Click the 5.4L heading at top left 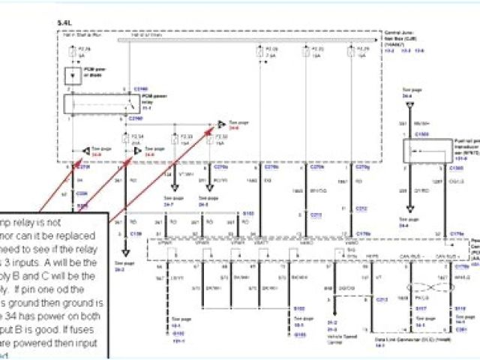pos(63,24)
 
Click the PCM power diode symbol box pos(72,76)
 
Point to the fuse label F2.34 pos(136,136)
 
